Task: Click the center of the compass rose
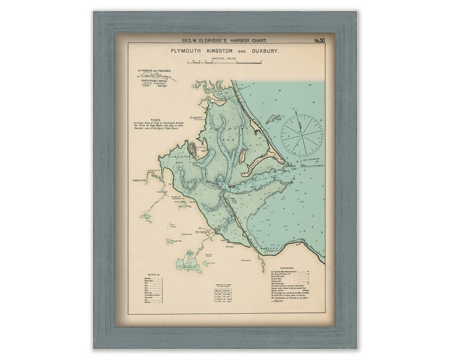[x=302, y=135]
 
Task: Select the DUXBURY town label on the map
[x=197, y=118]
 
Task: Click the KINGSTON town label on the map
[x=139, y=180]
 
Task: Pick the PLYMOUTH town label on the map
[x=202, y=232]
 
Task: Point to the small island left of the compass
[x=274, y=119]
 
